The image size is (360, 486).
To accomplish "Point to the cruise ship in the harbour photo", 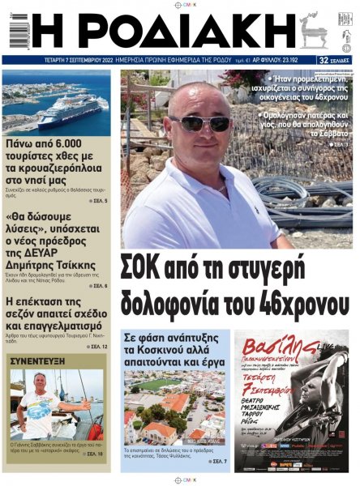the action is [69, 110].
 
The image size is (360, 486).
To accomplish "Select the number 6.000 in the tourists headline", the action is [75, 146].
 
